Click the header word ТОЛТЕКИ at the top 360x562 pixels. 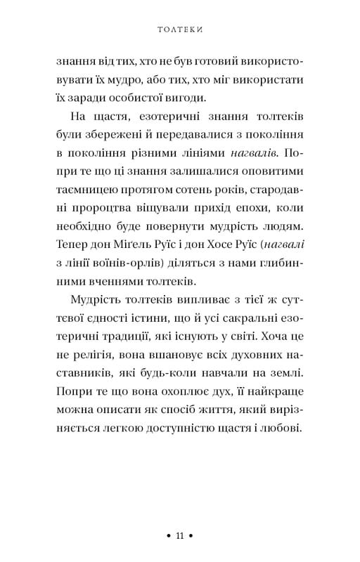(179, 31)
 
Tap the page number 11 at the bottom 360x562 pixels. (179, 536)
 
